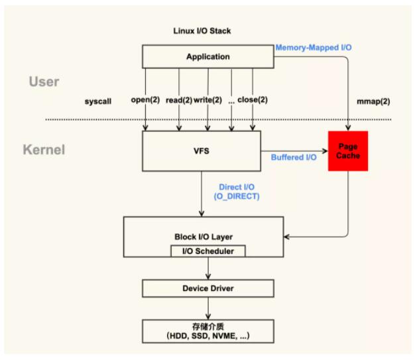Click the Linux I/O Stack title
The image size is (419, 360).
[203, 32]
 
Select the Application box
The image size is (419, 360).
[208, 56]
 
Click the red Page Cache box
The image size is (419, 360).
[347, 150]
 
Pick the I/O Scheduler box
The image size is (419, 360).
[208, 251]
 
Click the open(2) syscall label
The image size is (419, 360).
[146, 100]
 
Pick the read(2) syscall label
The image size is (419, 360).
[179, 100]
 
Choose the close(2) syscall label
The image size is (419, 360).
[253, 100]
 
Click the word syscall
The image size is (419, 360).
[98, 101]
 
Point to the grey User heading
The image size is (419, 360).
[44, 82]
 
